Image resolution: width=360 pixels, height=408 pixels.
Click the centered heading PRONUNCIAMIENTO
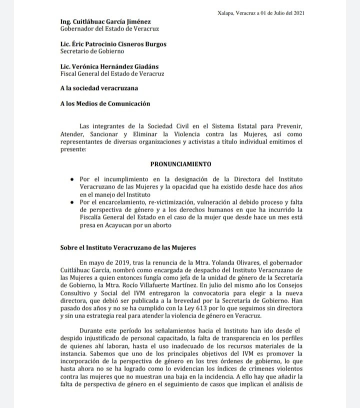pos(180,164)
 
